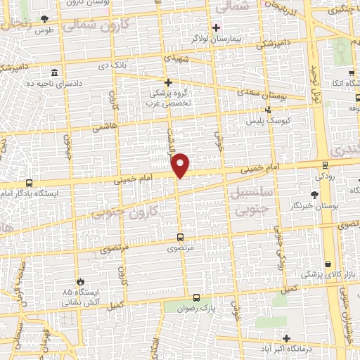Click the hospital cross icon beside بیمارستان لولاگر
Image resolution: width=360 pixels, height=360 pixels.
click(217, 27)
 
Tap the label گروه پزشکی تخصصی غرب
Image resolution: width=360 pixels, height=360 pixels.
click(168, 98)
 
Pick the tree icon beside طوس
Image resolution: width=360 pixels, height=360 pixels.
click(46, 19)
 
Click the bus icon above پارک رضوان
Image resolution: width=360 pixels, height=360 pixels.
click(198, 297)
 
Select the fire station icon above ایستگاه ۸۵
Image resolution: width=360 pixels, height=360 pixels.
click(81, 281)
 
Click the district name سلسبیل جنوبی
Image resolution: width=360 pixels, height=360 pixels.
click(250, 199)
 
